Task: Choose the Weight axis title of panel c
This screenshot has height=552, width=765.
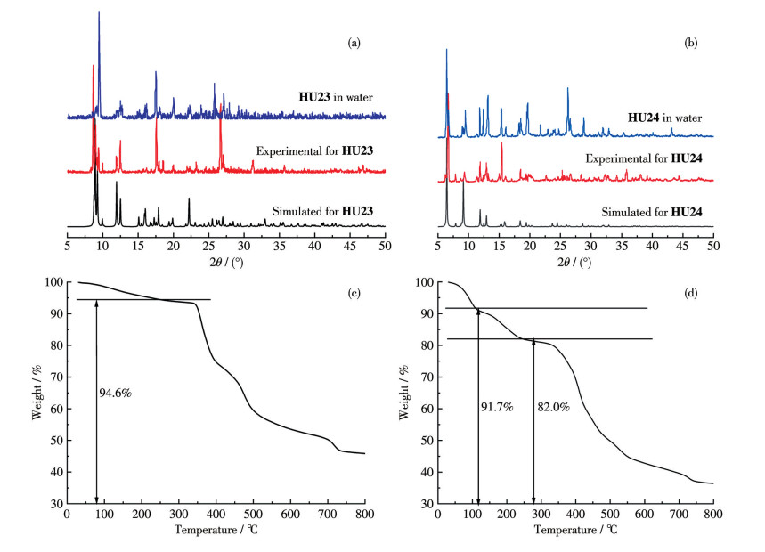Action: [38, 392]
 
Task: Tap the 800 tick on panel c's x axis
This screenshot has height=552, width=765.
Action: [364, 515]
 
